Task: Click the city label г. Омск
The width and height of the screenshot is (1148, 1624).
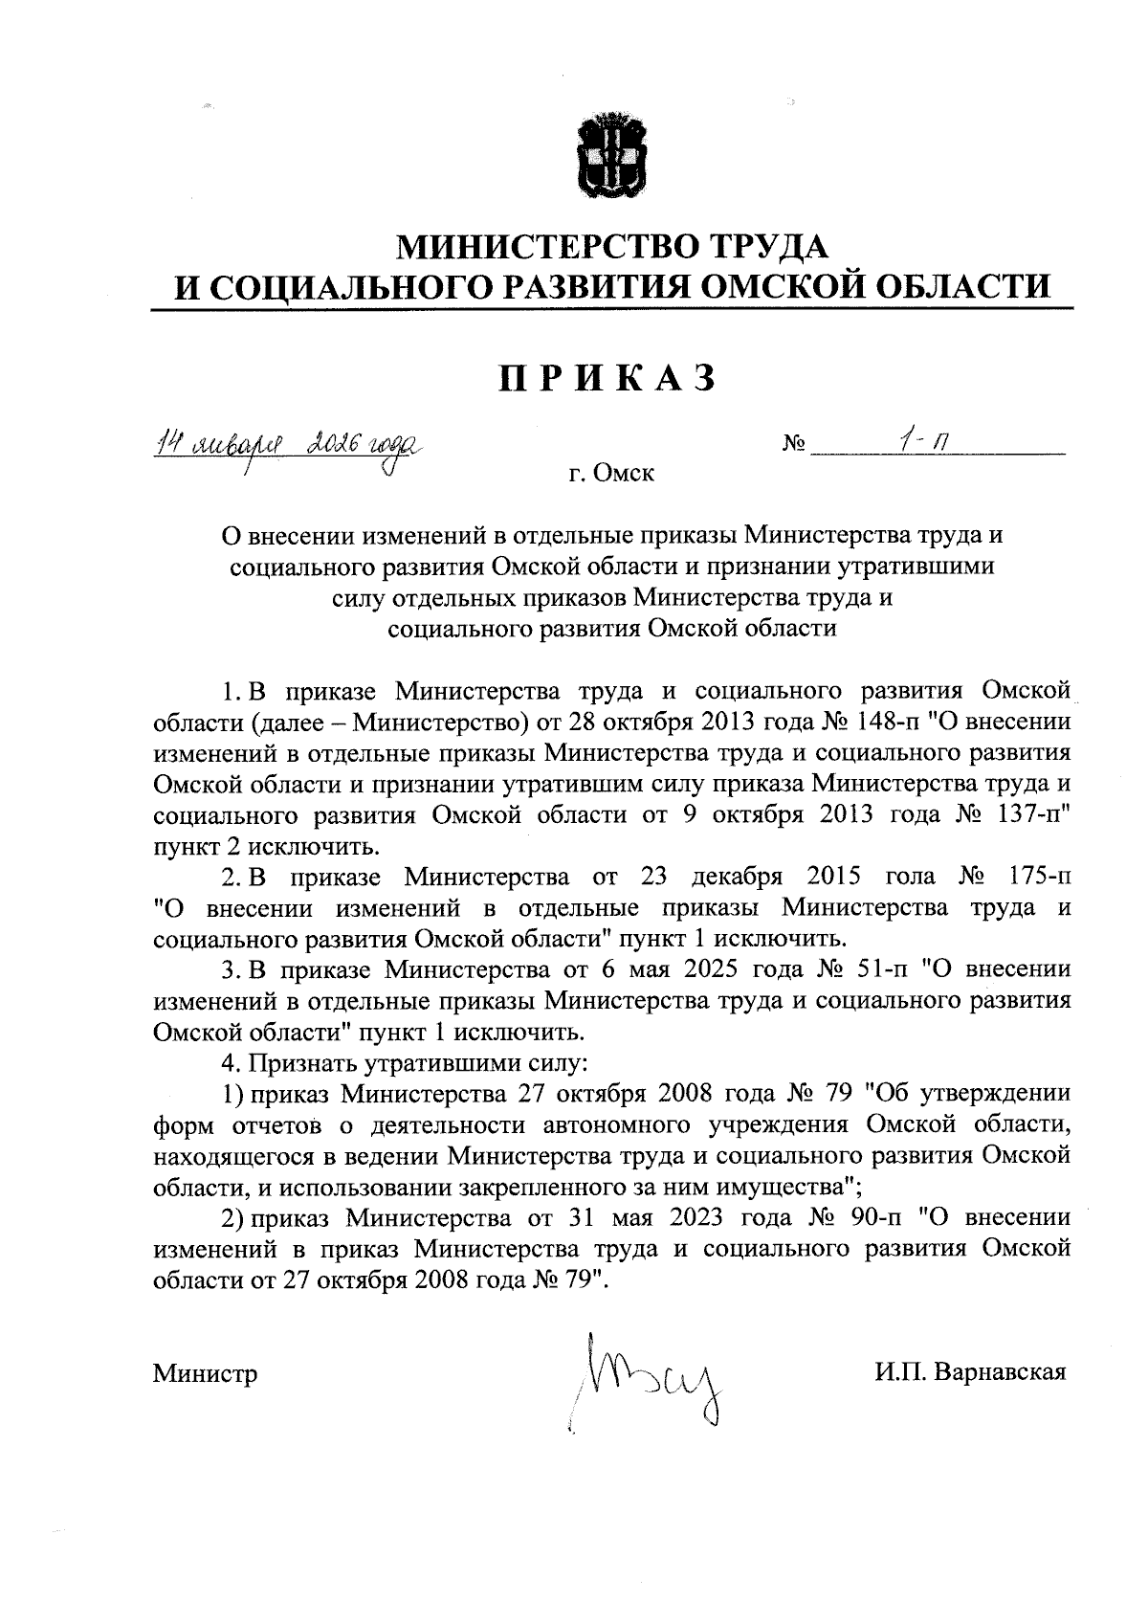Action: coord(610,473)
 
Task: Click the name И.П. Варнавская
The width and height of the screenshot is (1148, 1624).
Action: coord(968,1373)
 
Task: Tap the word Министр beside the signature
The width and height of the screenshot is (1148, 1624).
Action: coord(205,1374)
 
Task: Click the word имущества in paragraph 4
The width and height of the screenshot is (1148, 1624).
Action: coord(771,1188)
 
